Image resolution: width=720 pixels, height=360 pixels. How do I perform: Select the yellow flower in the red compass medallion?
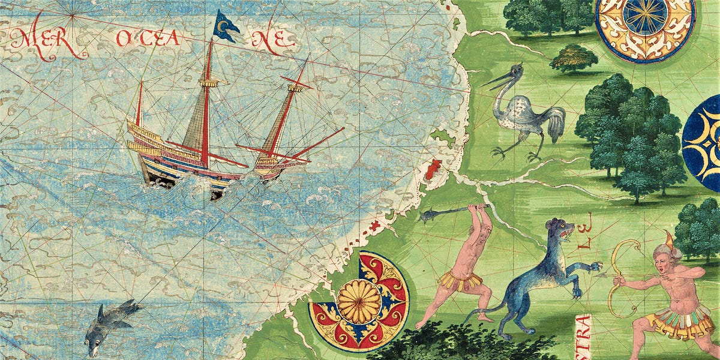[x=359, y=300]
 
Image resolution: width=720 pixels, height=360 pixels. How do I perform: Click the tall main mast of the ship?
[x=207, y=102]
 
